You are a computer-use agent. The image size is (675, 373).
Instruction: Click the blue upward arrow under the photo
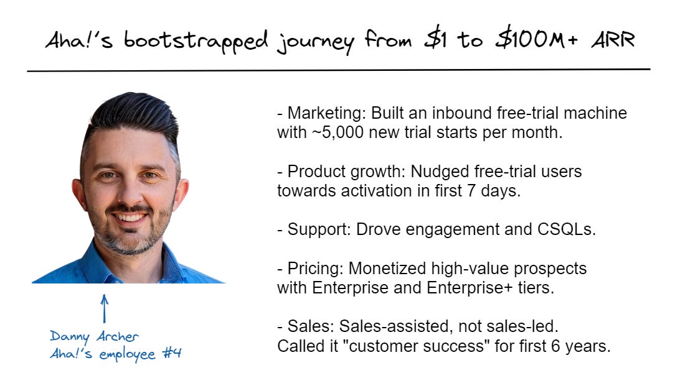(105, 308)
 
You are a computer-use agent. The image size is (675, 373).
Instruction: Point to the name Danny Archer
(94, 337)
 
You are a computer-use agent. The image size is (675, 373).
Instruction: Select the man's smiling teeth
(131, 218)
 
